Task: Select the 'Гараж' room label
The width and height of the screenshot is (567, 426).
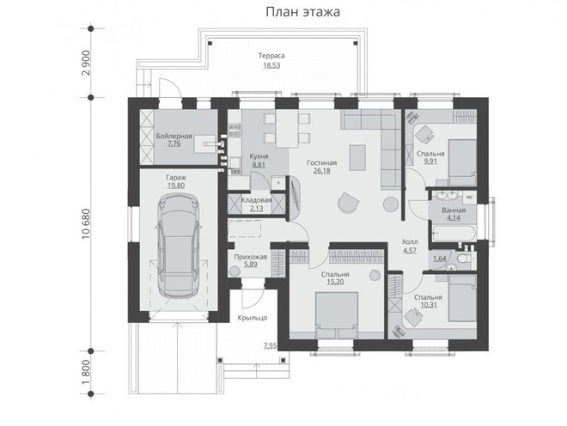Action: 178,176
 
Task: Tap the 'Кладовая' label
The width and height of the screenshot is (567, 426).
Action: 256,199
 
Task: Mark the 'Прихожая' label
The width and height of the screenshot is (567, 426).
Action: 251,256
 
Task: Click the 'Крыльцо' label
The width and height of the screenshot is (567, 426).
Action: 254,317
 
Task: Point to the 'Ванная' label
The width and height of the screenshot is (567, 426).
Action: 454,210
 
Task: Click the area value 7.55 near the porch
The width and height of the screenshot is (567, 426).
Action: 270,346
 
